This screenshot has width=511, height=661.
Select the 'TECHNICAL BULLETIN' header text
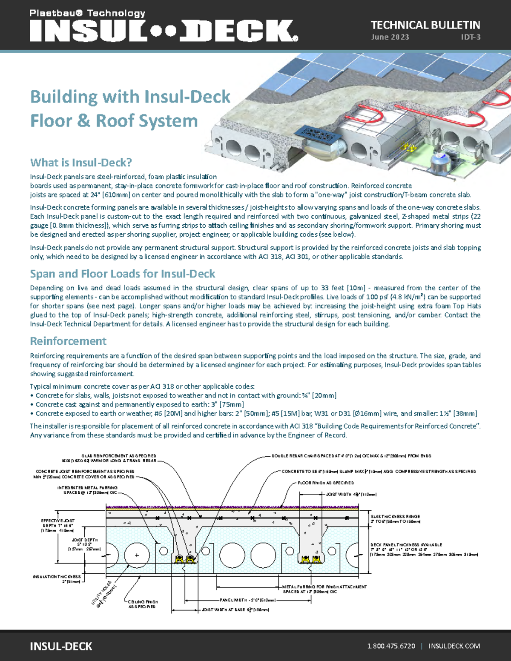tap(425, 25)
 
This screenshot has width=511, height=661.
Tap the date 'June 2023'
tap(390, 37)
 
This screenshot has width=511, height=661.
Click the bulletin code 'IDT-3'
tap(471, 37)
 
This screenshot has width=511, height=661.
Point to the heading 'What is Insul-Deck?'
tap(81, 163)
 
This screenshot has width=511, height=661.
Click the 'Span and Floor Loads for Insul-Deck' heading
tap(122, 274)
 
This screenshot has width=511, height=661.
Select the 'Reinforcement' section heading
tap(68, 341)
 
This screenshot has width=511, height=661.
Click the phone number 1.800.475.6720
tap(391, 646)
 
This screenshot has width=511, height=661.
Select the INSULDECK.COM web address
tap(454, 646)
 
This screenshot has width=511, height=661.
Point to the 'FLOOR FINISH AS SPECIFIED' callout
tap(326, 483)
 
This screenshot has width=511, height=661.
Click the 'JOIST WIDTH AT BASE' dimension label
tap(235, 610)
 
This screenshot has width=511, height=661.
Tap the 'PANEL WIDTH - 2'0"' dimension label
tap(247, 600)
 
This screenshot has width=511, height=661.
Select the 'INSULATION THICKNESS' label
tap(57, 579)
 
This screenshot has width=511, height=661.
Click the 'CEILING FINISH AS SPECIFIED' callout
tap(143, 604)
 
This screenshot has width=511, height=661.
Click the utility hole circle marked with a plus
tap(137, 555)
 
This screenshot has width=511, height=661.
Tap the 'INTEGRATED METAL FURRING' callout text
tap(88, 490)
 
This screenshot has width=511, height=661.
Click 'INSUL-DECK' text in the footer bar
tap(61, 646)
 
